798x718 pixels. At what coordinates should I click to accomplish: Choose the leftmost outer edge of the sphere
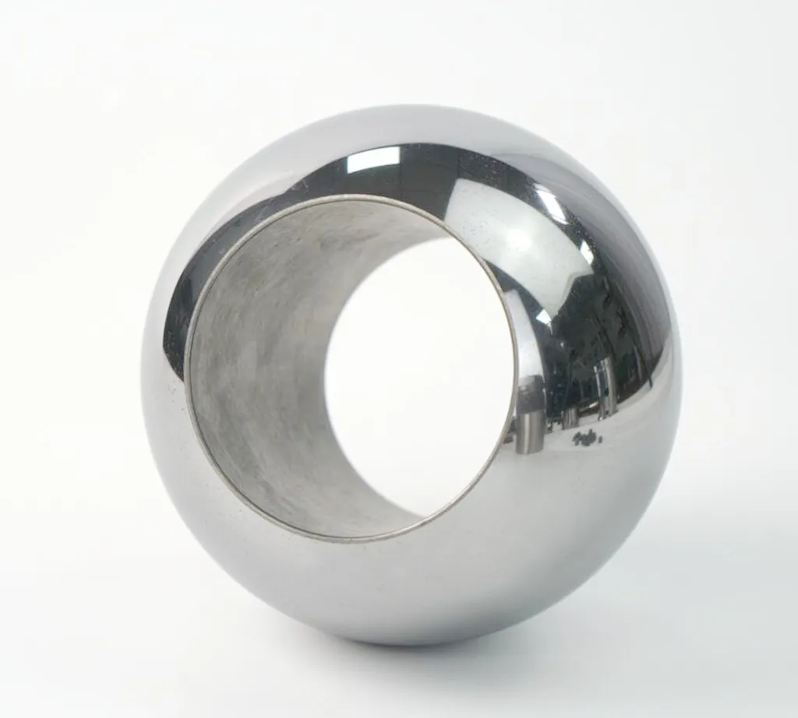pos(141,374)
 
